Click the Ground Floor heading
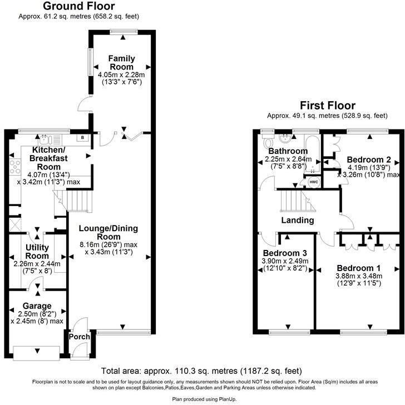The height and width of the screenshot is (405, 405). click(x=79, y=6)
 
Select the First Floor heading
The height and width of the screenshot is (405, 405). click(x=328, y=106)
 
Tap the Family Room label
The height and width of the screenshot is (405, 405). click(x=121, y=63)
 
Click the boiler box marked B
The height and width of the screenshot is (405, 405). click(x=82, y=138)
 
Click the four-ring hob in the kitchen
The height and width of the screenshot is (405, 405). click(x=14, y=167)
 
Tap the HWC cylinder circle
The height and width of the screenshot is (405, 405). click(x=314, y=182)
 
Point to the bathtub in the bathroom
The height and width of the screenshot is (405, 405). click(x=313, y=154)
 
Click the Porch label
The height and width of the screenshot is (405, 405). click(x=80, y=337)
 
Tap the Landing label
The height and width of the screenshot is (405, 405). click(x=298, y=221)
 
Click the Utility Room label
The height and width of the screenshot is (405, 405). click(x=37, y=252)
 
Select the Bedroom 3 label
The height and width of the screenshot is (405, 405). click(x=285, y=253)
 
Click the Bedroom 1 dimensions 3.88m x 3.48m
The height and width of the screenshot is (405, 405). click(x=359, y=276)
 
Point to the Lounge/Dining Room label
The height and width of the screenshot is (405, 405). click(x=108, y=232)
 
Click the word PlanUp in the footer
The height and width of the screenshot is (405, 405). click(x=228, y=399)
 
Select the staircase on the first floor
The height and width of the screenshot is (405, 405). click(x=298, y=201)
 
